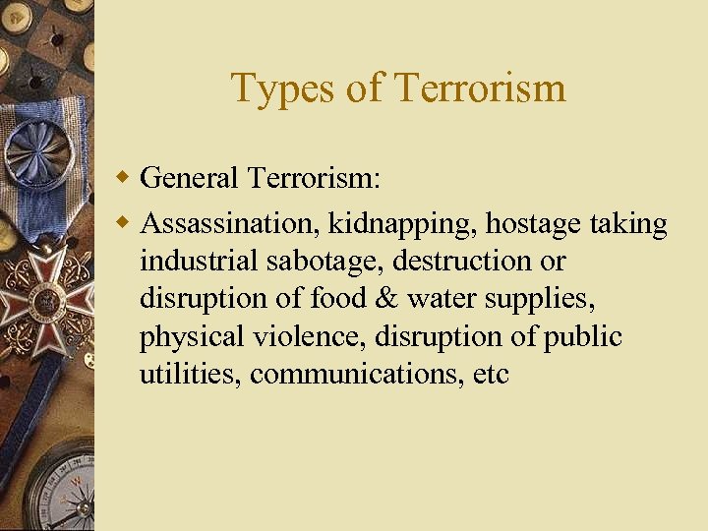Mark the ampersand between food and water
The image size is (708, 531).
coord(385,299)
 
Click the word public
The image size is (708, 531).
coord(582,337)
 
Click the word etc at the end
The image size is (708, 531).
coord(490,375)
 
